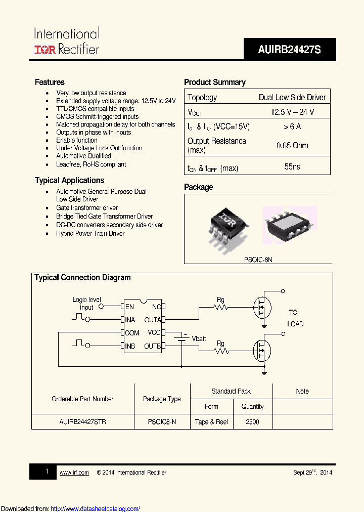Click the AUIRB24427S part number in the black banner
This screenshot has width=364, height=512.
coord(289,50)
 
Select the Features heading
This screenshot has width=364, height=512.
coord(50,82)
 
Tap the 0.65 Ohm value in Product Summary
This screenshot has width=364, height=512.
coord(292,145)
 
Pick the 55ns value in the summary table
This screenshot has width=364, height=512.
coord(292,166)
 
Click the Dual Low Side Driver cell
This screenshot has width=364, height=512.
coord(292,97)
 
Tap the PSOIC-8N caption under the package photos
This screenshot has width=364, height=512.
coord(258,259)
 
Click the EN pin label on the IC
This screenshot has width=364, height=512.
coord(130,307)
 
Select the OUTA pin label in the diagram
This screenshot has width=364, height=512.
coord(153,320)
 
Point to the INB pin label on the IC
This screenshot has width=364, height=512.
coord(130,346)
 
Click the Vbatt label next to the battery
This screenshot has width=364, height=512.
coord(200,338)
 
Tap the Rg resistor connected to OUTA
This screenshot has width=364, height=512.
coord(220,307)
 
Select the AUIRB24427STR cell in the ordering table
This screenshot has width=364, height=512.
coord(82,421)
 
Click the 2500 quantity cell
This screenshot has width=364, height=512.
coord(252,421)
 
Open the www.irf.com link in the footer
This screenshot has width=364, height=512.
coord(74,473)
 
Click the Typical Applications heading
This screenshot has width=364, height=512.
coord(69,180)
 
